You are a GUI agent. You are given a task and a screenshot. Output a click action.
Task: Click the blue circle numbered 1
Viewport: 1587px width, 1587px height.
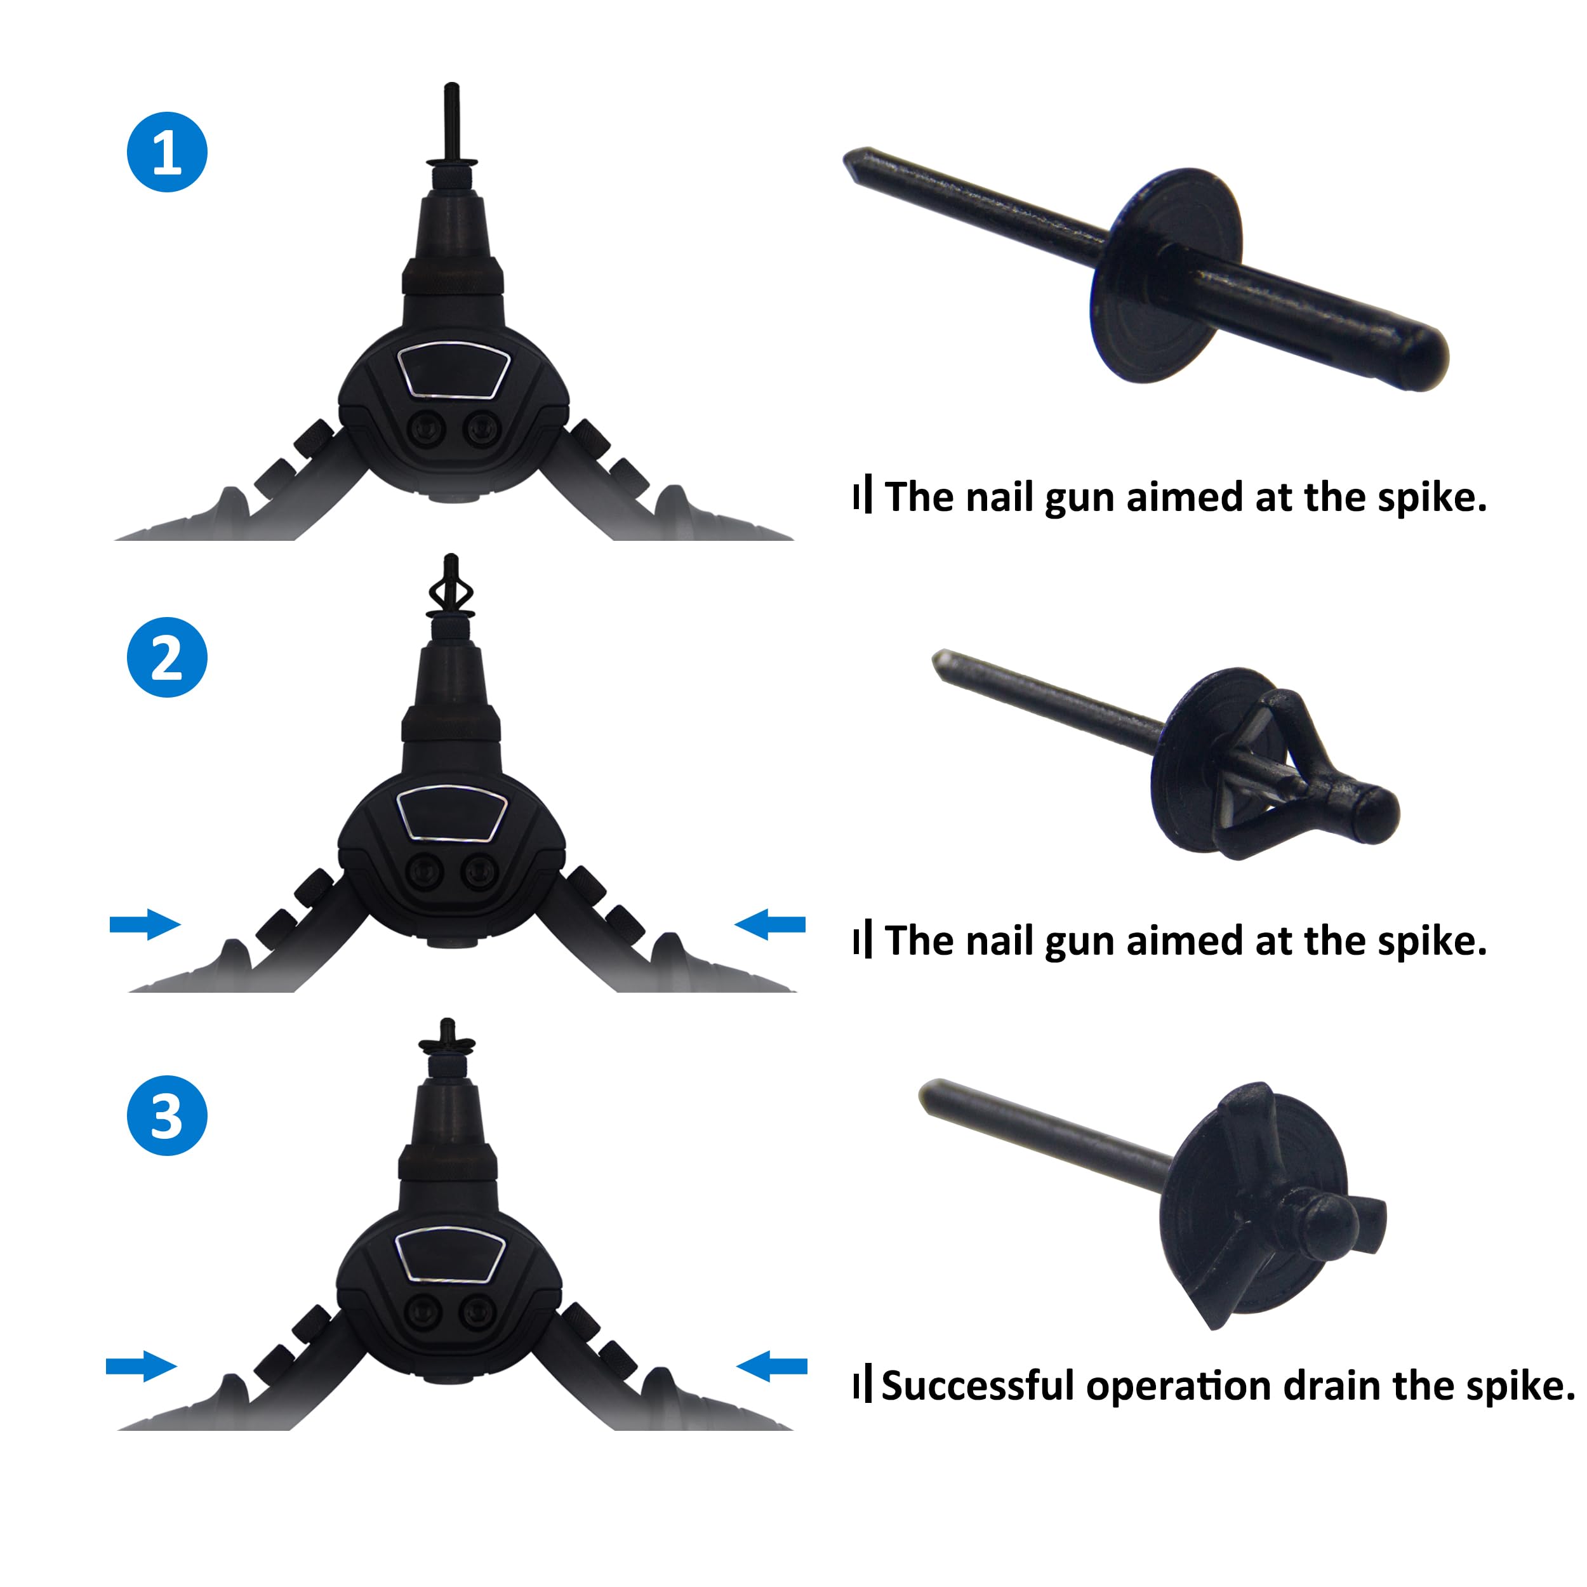pyautogui.click(x=167, y=152)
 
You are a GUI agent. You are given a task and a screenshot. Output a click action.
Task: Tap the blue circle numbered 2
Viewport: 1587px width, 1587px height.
pyautogui.click(x=167, y=657)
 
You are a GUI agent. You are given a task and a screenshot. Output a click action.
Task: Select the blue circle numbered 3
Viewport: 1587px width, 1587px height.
pyautogui.click(x=167, y=1115)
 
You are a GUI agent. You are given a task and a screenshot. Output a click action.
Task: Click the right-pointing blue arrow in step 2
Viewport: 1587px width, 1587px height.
pyautogui.click(x=145, y=925)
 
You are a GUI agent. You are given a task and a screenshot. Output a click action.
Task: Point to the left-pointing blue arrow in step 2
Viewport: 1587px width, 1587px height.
pyautogui.click(x=769, y=924)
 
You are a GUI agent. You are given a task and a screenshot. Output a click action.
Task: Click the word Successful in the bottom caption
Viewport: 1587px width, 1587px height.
pyautogui.click(x=980, y=1386)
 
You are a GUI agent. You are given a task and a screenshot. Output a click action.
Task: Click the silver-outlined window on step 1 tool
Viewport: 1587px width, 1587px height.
pyautogui.click(x=453, y=371)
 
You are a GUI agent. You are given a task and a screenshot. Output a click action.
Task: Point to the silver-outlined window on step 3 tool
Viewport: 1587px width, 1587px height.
pyautogui.click(x=450, y=1254)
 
